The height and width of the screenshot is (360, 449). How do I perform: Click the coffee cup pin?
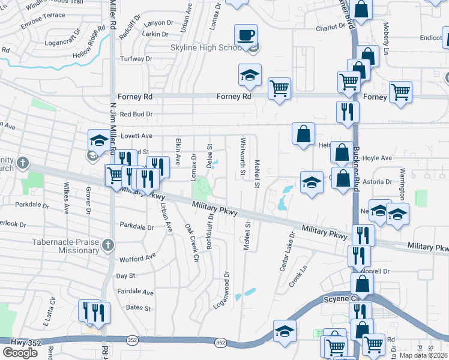tap(247, 35)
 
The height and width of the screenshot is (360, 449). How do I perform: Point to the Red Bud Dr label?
tap(136, 114)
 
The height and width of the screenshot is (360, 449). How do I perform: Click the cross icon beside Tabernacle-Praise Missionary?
tap(108, 244)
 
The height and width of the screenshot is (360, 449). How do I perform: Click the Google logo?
tap(20, 352)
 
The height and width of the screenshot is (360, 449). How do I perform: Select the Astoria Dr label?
tap(379, 181)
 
